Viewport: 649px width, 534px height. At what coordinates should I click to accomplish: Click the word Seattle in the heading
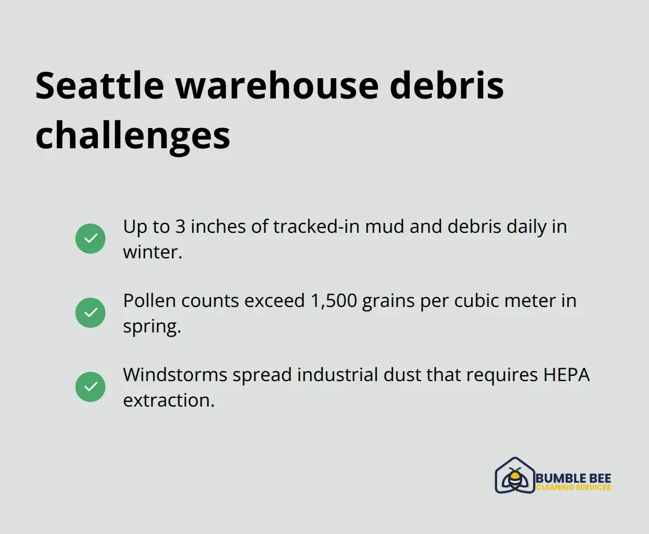click(99, 86)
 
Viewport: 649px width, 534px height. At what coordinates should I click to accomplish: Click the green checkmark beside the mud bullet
click(90, 239)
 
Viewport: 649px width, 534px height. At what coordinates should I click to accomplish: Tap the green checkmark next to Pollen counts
click(90, 313)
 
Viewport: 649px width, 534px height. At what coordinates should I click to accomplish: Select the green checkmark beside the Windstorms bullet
click(90, 387)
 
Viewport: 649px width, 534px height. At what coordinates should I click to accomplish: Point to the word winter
click(151, 252)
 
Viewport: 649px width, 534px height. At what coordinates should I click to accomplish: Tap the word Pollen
click(149, 301)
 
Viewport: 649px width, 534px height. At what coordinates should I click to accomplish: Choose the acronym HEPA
click(566, 375)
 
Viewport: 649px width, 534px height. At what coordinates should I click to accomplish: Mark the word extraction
click(168, 400)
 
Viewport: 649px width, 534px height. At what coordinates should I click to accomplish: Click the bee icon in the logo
click(514, 478)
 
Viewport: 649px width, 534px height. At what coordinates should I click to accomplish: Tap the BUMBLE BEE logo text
click(573, 478)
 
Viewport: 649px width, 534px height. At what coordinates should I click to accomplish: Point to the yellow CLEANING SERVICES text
click(573, 488)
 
